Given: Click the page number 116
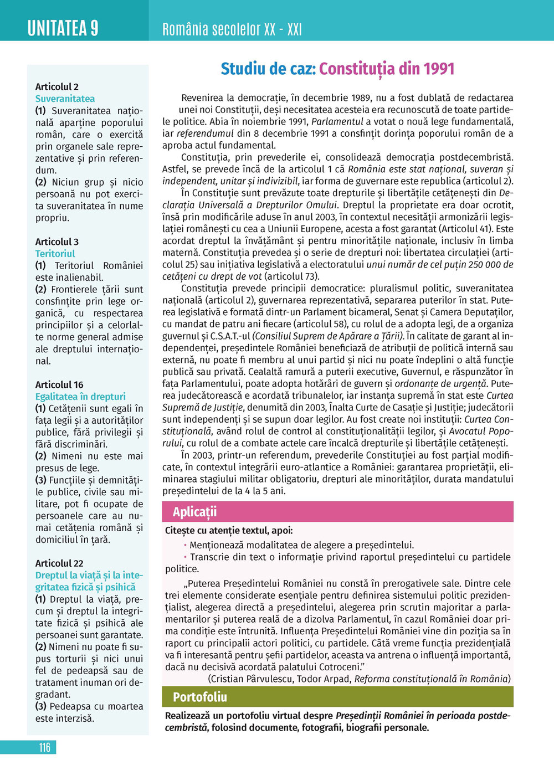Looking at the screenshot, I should (x=44, y=747).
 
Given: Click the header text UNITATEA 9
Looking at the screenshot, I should (x=63, y=28).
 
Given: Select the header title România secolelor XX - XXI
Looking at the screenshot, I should (x=232, y=29).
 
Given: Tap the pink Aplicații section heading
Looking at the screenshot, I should (x=194, y=511).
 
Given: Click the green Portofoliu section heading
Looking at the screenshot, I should (x=199, y=696).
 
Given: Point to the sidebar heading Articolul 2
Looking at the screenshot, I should (x=57, y=86).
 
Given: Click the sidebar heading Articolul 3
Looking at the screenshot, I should (x=57, y=242).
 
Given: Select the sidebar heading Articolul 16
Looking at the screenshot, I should (x=59, y=384).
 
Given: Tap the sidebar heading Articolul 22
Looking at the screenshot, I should (x=59, y=563).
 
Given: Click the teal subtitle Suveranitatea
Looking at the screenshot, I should (x=65, y=99).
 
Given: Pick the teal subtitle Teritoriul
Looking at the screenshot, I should (x=55, y=254).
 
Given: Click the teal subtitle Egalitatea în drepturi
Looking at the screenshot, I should (x=80, y=397).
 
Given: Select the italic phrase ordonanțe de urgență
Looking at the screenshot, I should (x=441, y=383).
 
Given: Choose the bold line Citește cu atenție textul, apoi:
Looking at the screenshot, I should (x=229, y=530).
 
